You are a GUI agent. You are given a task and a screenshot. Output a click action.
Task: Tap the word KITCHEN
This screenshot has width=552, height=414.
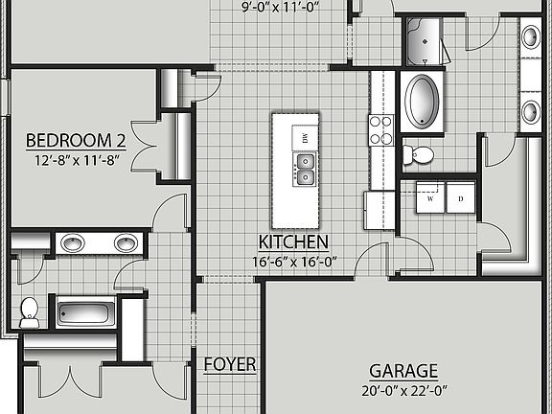click(x=293, y=241)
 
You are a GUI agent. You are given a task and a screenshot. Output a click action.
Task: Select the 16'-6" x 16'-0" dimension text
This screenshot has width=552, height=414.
click(x=293, y=261)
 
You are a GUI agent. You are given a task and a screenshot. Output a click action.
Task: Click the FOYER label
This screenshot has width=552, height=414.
click(x=230, y=364)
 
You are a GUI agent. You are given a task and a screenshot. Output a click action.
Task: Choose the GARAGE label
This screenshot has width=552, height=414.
click(x=403, y=371)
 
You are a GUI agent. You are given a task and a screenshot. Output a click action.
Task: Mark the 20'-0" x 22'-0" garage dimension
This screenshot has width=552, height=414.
click(x=403, y=390)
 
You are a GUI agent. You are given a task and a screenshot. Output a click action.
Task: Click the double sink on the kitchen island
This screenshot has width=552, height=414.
click(x=305, y=169)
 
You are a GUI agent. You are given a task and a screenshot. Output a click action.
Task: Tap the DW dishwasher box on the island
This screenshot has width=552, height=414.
click(x=305, y=139)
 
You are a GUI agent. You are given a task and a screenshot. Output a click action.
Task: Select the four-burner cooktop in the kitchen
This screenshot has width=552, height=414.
click(x=381, y=129)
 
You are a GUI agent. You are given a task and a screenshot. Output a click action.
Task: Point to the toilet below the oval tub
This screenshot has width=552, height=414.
click(x=418, y=154)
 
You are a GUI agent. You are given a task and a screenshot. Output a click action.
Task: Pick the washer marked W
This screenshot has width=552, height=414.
click(x=430, y=199)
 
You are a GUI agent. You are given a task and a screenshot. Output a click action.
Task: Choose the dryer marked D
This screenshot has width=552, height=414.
click(x=460, y=199)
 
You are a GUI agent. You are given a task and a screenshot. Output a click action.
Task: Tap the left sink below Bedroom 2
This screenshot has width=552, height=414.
click(x=73, y=242)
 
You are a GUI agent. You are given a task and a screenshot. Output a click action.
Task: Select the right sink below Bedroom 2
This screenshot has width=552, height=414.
click(x=125, y=242)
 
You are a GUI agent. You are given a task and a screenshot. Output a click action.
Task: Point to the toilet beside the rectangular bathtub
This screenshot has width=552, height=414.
click(x=29, y=309)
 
